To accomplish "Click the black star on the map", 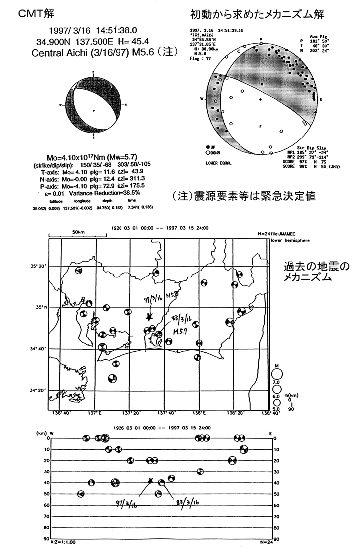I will coord(149,316).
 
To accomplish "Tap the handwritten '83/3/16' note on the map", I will coord(183,319).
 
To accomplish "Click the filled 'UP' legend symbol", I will coord(207,148).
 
